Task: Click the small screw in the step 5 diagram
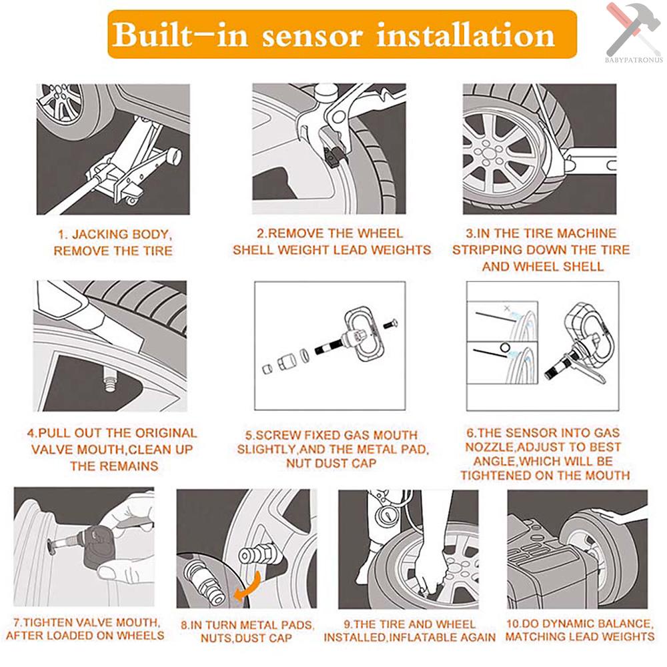point(390,323)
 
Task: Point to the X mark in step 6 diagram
point(507,308)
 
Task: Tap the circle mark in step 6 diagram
point(505,348)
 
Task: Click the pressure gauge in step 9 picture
point(386,515)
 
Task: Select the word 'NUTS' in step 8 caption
point(215,638)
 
